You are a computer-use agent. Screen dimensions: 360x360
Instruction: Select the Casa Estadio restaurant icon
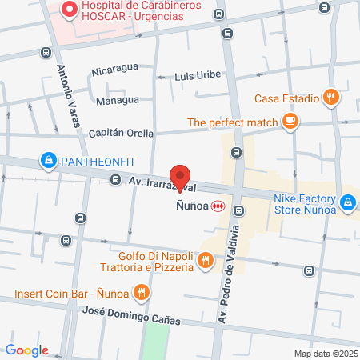(x=332, y=98)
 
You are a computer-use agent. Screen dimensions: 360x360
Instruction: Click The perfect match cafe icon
(x=290, y=122)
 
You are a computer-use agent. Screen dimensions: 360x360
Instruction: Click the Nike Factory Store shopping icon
(x=347, y=204)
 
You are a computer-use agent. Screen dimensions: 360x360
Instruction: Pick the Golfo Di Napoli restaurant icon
(x=206, y=259)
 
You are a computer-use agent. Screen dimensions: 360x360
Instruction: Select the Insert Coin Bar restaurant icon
(x=141, y=292)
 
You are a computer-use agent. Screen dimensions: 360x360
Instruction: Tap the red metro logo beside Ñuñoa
(x=217, y=206)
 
